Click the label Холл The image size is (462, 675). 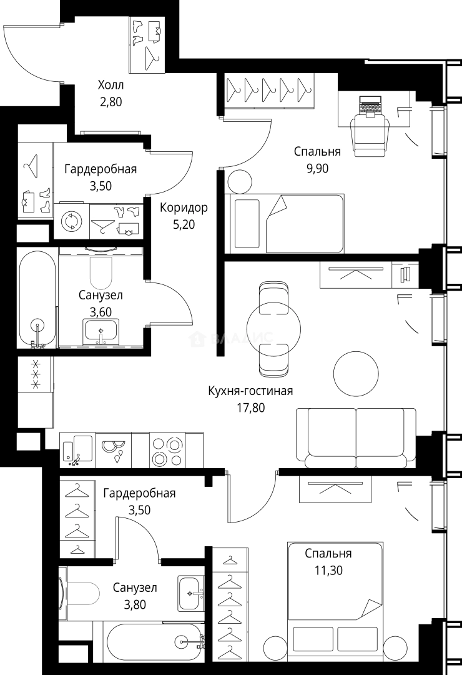coord(111,85)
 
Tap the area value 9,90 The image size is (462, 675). coord(317,167)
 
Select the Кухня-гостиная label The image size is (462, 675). coord(250,391)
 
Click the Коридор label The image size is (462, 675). coord(184,208)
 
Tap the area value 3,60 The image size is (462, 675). coord(101,311)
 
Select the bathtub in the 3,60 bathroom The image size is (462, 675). coord(37,299)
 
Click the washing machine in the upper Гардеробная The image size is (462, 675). coord(71,222)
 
